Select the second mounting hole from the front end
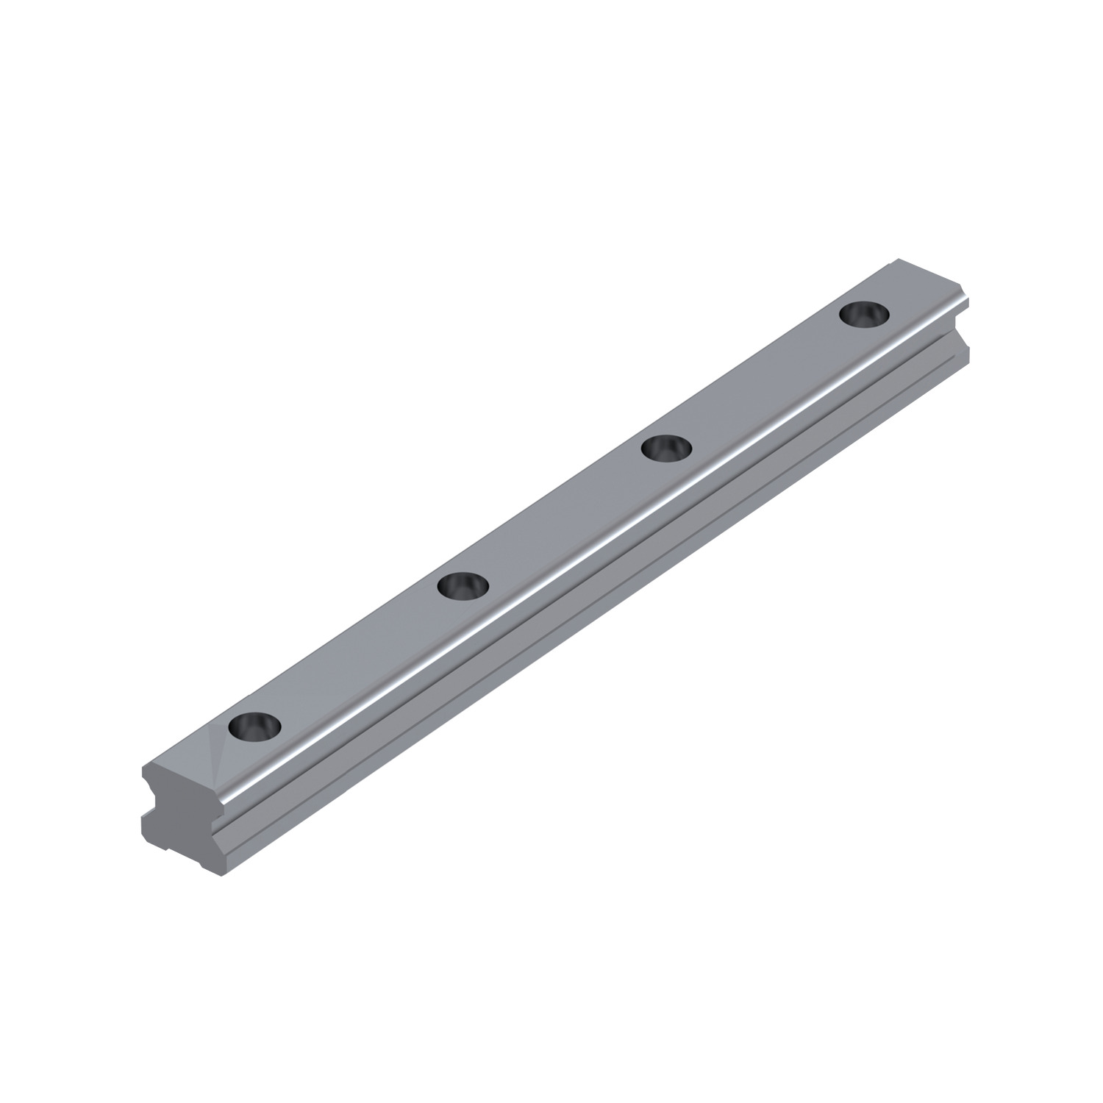point(463,587)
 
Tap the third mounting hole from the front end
point(667,447)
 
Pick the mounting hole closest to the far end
point(865,314)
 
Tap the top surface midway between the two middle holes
point(565,517)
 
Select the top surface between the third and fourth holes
point(766,380)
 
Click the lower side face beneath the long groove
point(588,610)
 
